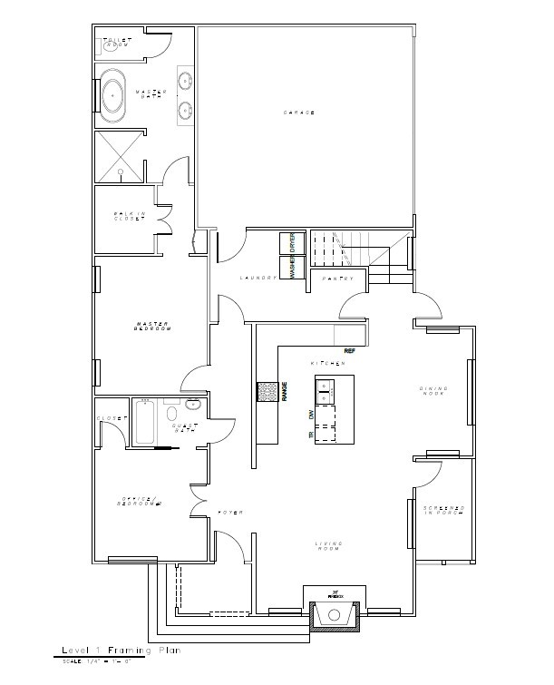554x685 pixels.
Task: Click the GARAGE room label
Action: coord(298,112)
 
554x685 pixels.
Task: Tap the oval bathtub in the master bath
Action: coord(114,94)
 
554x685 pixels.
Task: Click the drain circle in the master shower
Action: coord(120,170)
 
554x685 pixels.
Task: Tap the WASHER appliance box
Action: coord(293,268)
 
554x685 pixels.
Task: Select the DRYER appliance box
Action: coord(293,243)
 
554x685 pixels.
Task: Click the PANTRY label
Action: coord(337,279)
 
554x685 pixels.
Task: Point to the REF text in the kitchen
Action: coord(348,350)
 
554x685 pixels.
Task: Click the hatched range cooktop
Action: coord(267,392)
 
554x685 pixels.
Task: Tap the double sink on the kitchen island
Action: coord(326,390)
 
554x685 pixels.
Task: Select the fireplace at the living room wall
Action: coord(335,616)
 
